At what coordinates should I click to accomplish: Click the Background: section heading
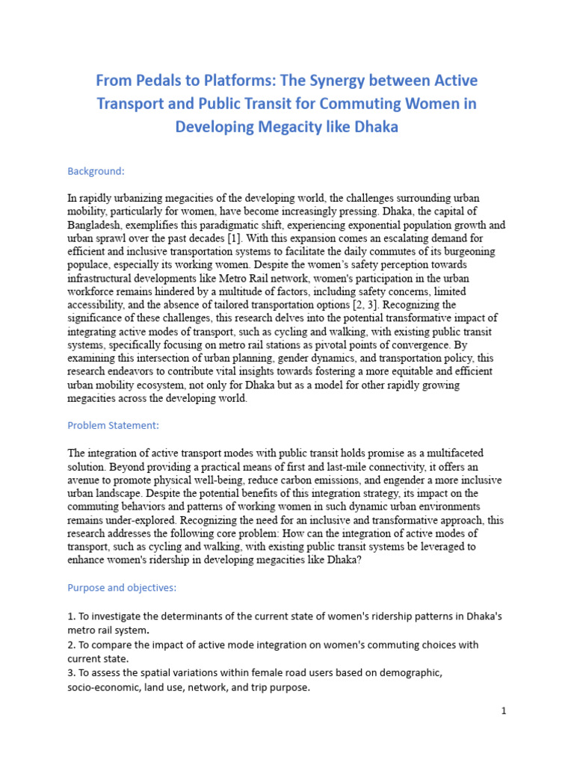pos(96,171)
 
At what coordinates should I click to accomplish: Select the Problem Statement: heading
pos(113,426)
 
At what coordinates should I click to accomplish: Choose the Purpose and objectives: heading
pos(122,588)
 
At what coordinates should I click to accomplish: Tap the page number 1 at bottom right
pos(504,711)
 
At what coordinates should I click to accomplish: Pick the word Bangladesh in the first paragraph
pos(95,225)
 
